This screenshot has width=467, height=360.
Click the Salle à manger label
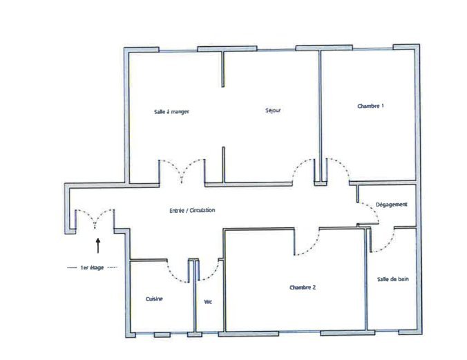pos(171,112)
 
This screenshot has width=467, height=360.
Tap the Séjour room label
pos(273,111)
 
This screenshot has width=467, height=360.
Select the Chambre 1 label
pos(370,106)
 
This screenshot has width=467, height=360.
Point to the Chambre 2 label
pos(303,287)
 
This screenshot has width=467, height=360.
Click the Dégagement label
pos(391,205)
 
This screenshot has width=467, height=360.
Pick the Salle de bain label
pos(393,279)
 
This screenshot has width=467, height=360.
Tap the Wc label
pos(208,302)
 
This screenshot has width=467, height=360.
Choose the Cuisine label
pos(154,299)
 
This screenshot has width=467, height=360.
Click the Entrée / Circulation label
pos(192,210)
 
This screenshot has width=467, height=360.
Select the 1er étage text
pos(92,267)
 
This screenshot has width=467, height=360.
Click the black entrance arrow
pos(98,245)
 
